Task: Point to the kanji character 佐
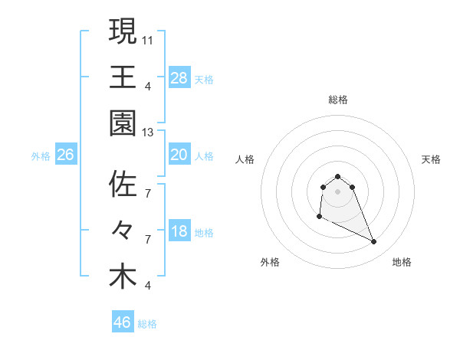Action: [123, 184]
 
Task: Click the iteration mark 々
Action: [123, 230]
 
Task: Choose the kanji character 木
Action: [123, 276]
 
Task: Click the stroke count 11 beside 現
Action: [148, 40]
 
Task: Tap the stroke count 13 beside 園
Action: [148, 133]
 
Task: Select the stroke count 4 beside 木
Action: [147, 286]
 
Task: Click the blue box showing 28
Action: [179, 77]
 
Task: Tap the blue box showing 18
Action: [179, 232]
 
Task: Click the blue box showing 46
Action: [122, 322]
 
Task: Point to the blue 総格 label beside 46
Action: [147, 324]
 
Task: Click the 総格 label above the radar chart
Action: [337, 100]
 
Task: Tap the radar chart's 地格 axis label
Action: [402, 262]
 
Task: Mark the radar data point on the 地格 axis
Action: [374, 242]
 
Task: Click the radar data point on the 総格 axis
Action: [337, 173]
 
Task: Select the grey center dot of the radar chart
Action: [337, 191]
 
